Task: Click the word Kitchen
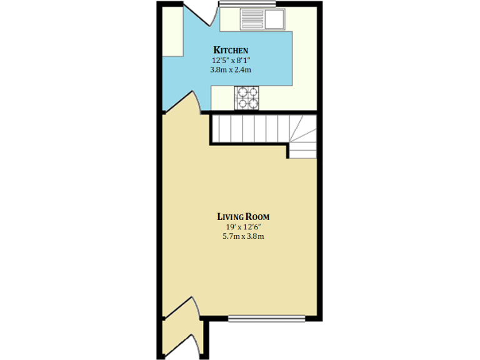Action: (x=231, y=50)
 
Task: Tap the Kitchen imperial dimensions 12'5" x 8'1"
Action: (x=231, y=61)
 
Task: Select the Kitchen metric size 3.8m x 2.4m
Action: (x=231, y=70)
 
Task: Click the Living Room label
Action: (x=243, y=216)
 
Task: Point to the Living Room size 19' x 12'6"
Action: (x=243, y=227)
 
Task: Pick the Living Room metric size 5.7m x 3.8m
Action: (x=243, y=237)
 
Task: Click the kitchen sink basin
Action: (x=274, y=18)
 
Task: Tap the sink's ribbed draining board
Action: (x=252, y=18)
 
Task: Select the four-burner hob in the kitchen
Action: (x=247, y=96)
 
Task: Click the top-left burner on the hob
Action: (x=241, y=91)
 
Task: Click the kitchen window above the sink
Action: (x=247, y=6)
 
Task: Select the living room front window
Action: (x=266, y=319)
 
